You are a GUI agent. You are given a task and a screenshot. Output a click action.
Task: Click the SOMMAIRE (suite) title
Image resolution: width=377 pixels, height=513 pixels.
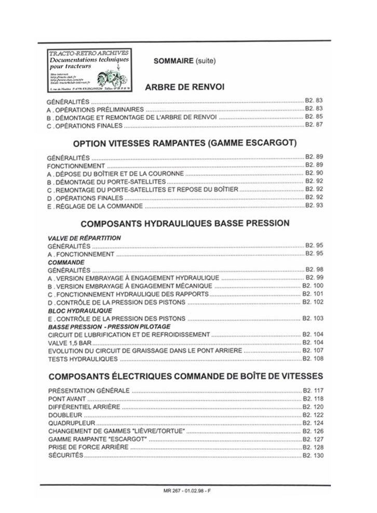coord(184,61)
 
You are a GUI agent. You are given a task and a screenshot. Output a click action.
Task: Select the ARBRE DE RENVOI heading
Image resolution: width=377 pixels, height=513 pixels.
coord(184,87)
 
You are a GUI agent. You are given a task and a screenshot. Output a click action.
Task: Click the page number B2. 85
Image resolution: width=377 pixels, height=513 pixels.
coord(314,117)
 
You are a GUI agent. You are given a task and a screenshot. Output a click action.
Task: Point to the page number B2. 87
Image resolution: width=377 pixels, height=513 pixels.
coord(314,125)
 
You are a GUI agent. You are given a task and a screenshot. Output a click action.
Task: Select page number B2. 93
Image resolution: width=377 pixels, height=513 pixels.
coord(314,205)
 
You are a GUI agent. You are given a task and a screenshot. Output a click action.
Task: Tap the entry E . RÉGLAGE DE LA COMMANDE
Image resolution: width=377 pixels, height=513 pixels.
coord(95,206)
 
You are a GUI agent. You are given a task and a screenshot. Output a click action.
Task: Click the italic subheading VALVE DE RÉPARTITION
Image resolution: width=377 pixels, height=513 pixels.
coord(84,238)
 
